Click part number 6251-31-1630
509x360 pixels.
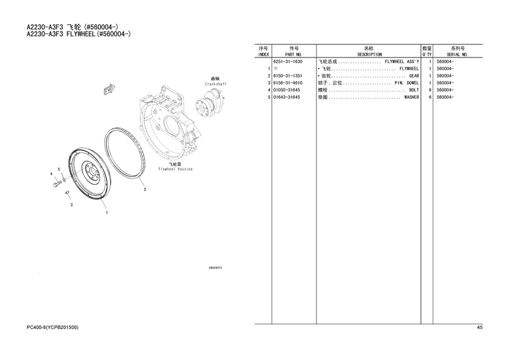pos(288,61)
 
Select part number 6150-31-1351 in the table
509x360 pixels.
pos(288,76)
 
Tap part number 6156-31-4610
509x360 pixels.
pos(288,83)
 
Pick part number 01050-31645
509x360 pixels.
pos(287,90)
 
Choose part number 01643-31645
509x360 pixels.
pos(287,97)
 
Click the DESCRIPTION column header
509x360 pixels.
pos(370,55)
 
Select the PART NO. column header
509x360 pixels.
pos(293,55)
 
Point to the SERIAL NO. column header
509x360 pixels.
pos(457,55)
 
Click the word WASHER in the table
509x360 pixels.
pos(411,97)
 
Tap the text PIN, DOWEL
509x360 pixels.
pos(407,83)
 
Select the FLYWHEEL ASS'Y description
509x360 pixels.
pos(402,61)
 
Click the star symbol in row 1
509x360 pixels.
pos(276,68)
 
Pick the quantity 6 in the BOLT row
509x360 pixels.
pos(430,90)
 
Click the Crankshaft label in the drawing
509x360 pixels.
pos(216,84)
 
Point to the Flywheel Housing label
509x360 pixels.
pos(175,169)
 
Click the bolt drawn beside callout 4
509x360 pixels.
pos(57,184)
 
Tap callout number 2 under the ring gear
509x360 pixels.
pos(145,190)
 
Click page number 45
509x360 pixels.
pos(480,327)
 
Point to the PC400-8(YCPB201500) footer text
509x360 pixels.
pos(52,327)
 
